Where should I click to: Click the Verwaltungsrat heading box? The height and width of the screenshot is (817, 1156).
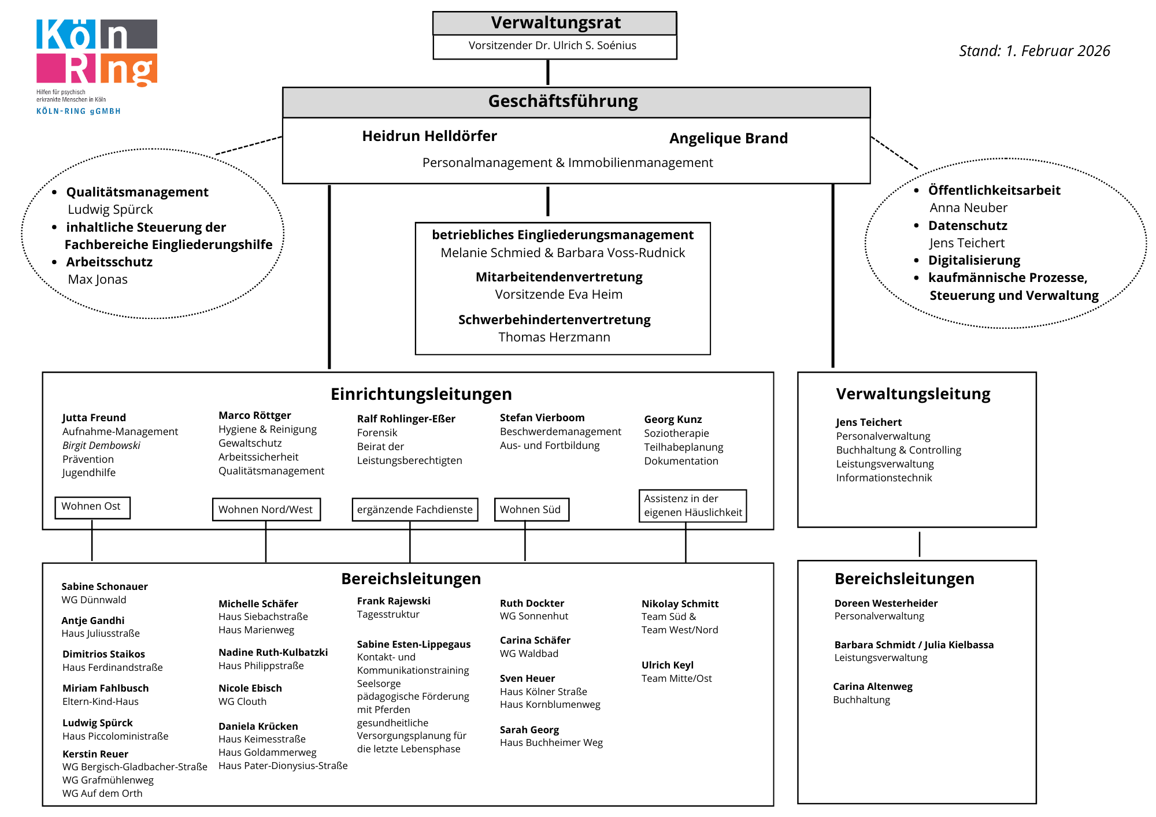click(555, 23)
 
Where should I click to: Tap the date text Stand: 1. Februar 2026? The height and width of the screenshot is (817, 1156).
click(1034, 51)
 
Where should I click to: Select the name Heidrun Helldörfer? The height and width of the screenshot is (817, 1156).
click(429, 136)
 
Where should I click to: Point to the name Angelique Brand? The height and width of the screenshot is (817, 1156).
click(728, 138)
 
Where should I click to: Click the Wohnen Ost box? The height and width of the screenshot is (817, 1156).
click(92, 507)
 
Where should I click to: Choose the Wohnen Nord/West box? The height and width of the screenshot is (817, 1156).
click(266, 510)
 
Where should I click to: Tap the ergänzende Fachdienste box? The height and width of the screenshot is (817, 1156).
click(414, 510)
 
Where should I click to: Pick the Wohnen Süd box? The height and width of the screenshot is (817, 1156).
click(531, 510)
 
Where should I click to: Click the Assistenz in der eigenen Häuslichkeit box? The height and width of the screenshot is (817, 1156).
click(692, 506)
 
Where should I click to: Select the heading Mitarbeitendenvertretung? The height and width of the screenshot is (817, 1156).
click(559, 277)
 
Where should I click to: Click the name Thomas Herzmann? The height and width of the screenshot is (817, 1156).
click(554, 337)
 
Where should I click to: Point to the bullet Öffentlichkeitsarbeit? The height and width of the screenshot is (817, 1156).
click(994, 190)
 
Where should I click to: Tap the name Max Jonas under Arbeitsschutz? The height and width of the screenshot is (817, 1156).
click(98, 280)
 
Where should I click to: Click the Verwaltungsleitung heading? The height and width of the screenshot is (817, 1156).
click(913, 394)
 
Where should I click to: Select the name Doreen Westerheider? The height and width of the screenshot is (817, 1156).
click(885, 603)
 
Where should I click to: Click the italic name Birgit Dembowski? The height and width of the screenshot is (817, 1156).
click(101, 445)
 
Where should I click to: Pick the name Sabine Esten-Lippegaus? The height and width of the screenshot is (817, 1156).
click(413, 644)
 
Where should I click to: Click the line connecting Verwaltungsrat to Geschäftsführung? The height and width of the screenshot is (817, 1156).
click(548, 73)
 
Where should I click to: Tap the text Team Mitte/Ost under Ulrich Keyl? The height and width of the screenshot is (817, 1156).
click(676, 678)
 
